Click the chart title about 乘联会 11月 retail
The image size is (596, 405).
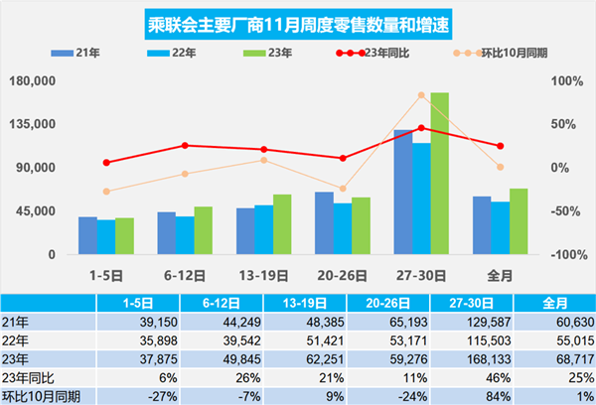pyautogui.click(x=295, y=21)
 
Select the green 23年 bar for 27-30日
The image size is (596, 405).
pyautogui.click(x=439, y=174)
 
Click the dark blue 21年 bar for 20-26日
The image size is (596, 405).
pyautogui.click(x=324, y=223)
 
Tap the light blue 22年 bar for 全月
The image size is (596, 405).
pyautogui.click(x=500, y=228)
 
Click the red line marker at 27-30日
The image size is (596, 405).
pyautogui.click(x=421, y=127)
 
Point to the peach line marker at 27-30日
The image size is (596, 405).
pyautogui.click(x=421, y=95)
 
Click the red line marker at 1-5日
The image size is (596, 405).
pyautogui.click(x=106, y=162)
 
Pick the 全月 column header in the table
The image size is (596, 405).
pyautogui.click(x=555, y=302)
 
